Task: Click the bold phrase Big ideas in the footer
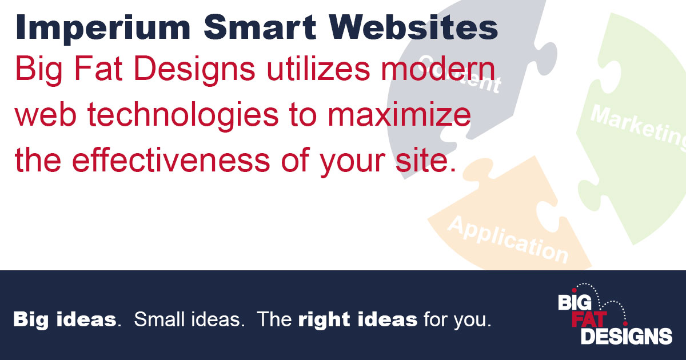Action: coord(65,319)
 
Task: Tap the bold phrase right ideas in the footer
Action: coord(357,319)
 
